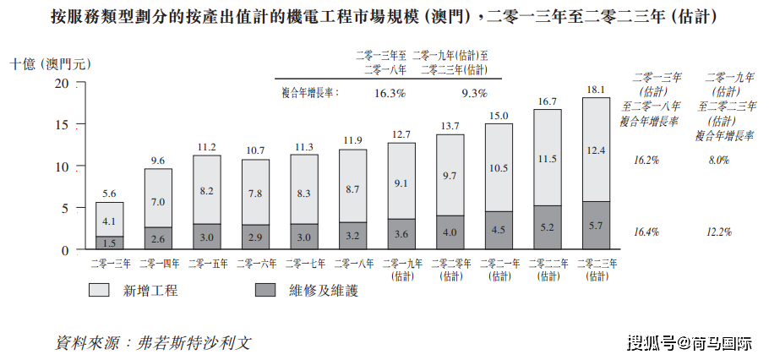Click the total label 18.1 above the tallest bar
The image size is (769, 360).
click(x=596, y=89)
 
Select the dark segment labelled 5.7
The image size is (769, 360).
click(x=596, y=226)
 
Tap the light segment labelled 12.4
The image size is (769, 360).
click(x=596, y=150)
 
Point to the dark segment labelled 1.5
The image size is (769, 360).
click(x=109, y=243)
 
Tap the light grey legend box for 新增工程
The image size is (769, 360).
click(x=99, y=290)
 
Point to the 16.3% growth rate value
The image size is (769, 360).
click(x=390, y=92)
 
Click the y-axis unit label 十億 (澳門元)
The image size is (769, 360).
click(x=48, y=63)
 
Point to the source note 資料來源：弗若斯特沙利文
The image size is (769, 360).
click(x=153, y=343)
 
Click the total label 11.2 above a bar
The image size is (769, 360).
click(x=206, y=146)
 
